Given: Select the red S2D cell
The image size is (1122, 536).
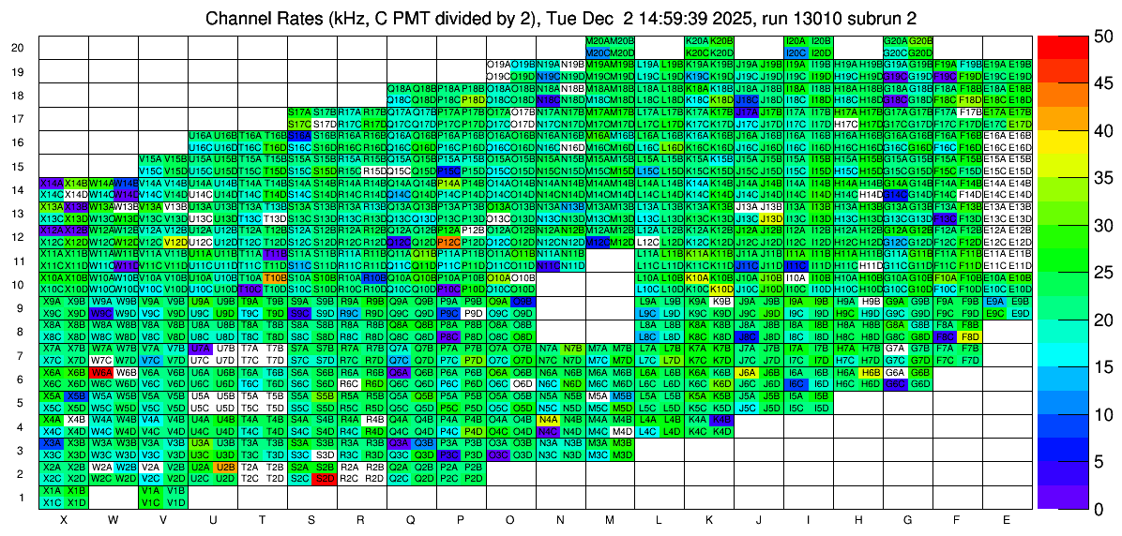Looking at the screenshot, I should [325, 478].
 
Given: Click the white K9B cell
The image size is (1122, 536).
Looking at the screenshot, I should [721, 302].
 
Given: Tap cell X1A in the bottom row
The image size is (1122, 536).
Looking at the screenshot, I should [52, 490].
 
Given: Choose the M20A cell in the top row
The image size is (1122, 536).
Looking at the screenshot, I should [597, 41].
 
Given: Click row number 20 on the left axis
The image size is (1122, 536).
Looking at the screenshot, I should [18, 48].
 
